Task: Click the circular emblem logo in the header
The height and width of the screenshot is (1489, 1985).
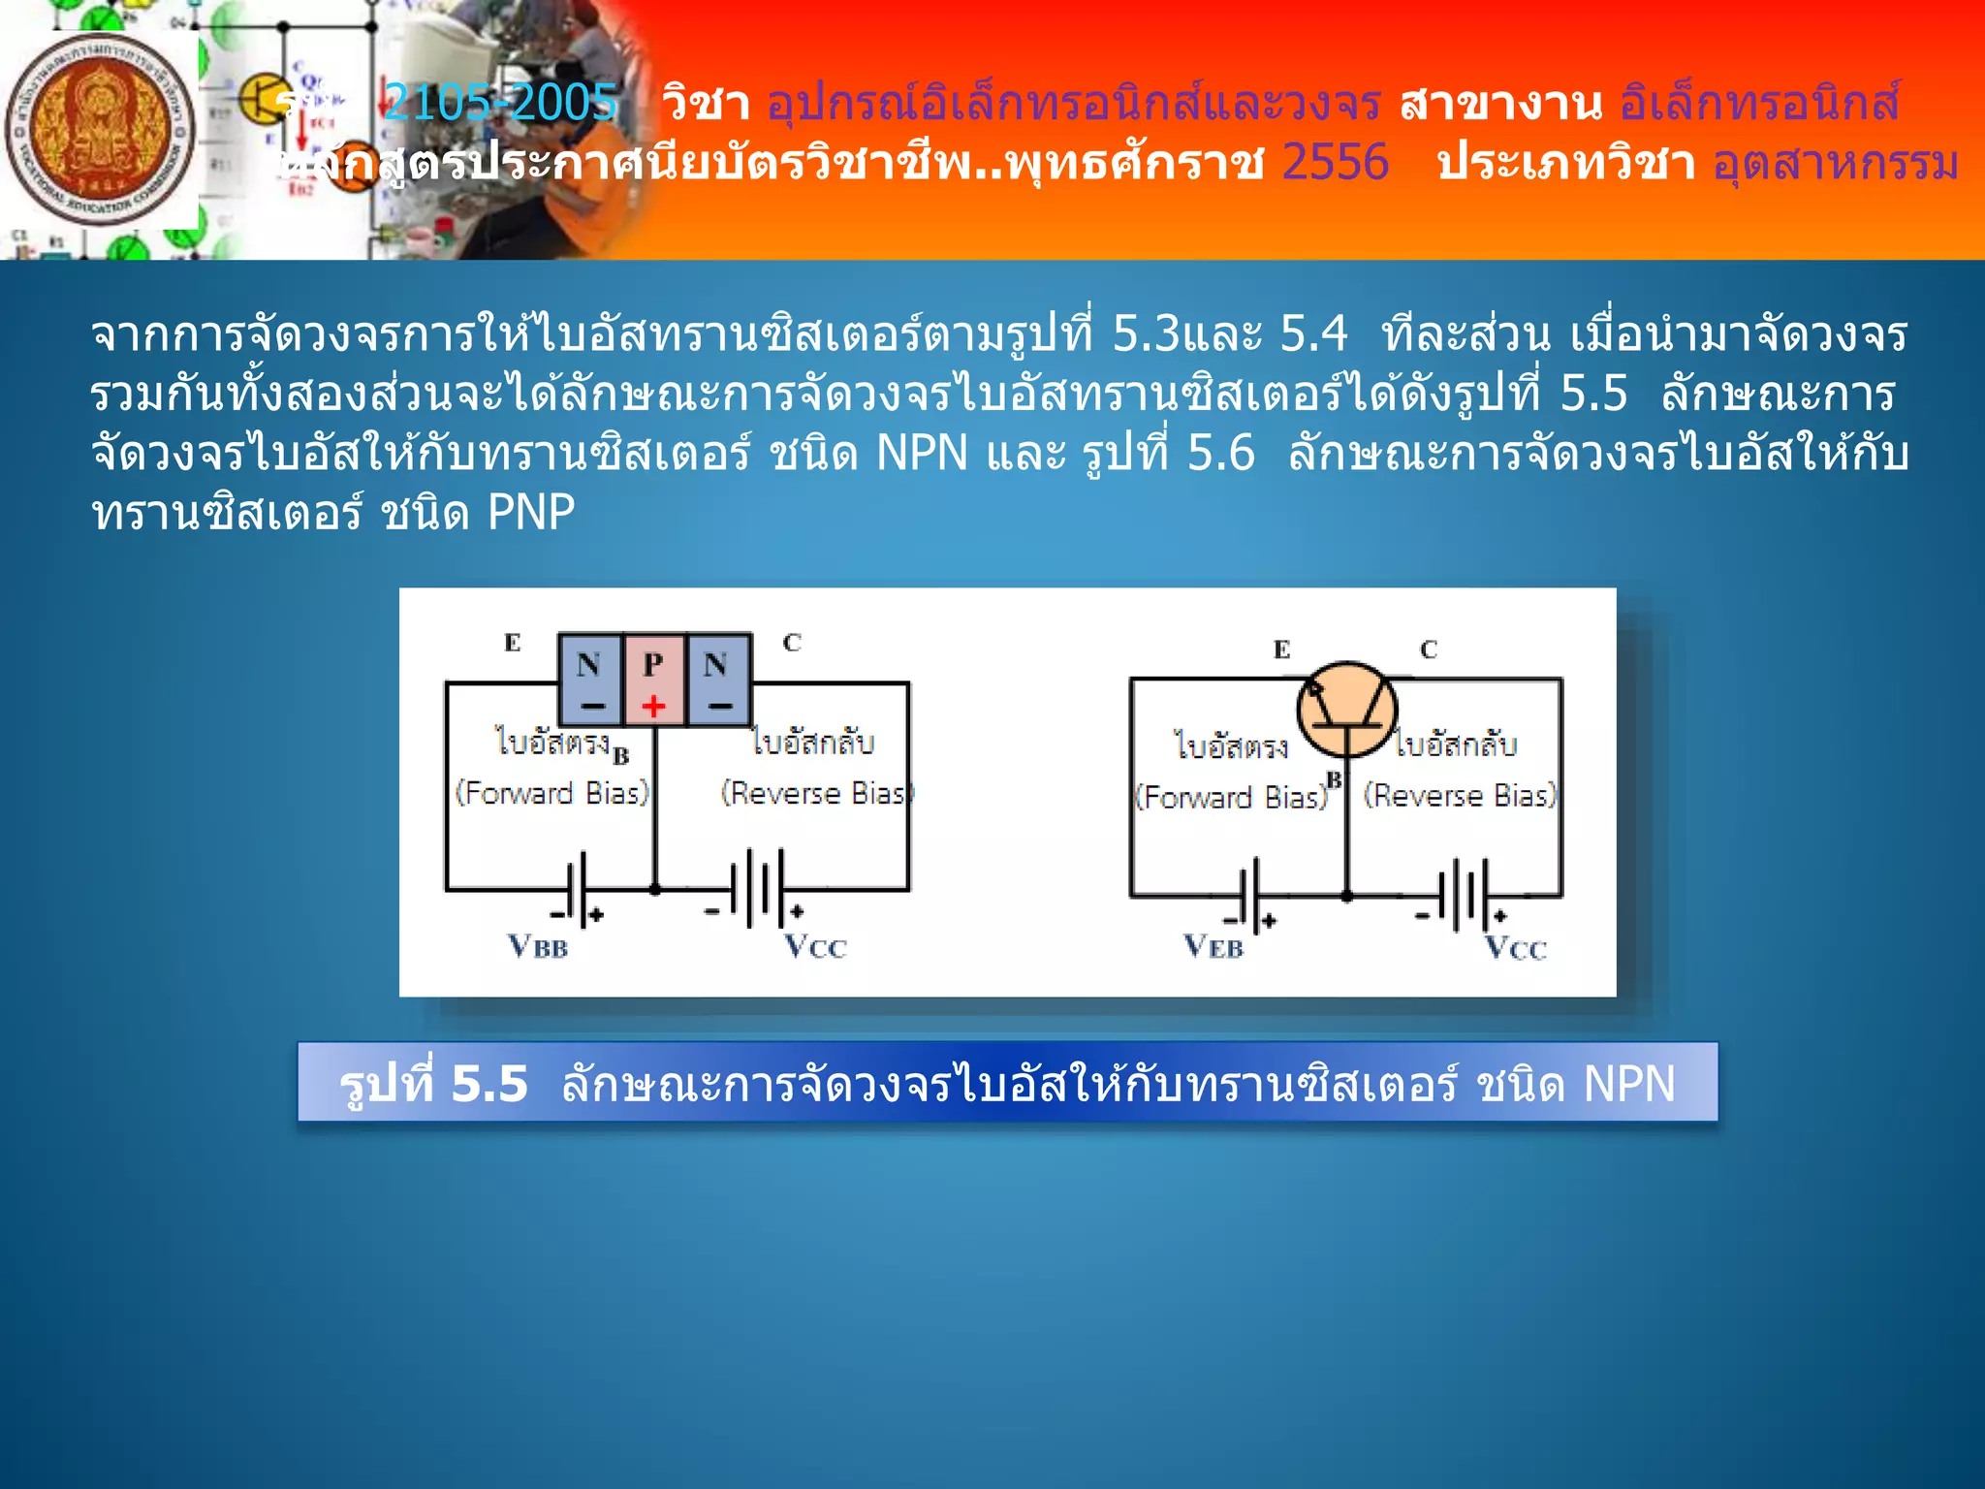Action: [x=100, y=130]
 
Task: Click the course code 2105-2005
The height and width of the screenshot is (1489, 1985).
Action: [x=500, y=102]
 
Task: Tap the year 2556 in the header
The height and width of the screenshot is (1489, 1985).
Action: [x=1335, y=162]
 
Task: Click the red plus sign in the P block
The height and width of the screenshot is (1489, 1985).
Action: [x=653, y=706]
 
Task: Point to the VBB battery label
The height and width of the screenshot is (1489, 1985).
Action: [x=538, y=945]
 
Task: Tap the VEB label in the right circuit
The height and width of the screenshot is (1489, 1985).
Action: [x=1213, y=945]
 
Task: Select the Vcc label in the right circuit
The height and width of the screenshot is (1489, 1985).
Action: [x=1516, y=947]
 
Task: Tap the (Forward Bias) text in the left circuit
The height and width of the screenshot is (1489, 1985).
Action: [x=552, y=793]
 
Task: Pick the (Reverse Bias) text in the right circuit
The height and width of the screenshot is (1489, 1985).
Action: [x=1460, y=796]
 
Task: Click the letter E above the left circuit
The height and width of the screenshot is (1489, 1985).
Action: [x=513, y=642]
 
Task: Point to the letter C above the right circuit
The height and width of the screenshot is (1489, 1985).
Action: [x=1429, y=649]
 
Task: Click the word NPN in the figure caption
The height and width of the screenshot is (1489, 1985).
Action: [x=1628, y=1084]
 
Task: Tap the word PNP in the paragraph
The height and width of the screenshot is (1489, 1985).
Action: [x=531, y=512]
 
